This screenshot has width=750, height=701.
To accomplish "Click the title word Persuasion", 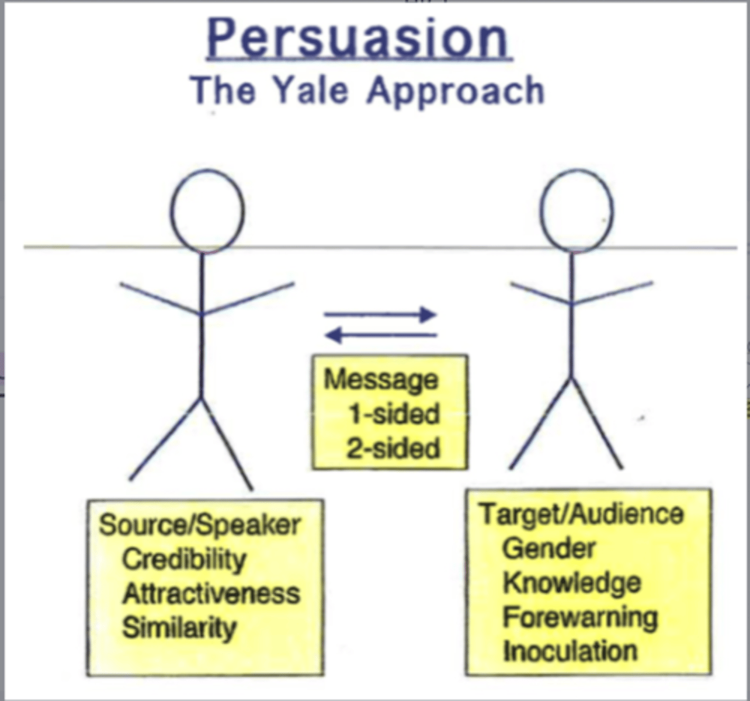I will pos(359,39).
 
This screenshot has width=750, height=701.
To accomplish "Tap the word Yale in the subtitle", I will pos(311,91).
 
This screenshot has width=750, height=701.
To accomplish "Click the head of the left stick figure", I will pos(207,211).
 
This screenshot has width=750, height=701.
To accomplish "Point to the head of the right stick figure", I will pos(576,211).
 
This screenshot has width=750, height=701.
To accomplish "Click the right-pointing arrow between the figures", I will pos(380,315).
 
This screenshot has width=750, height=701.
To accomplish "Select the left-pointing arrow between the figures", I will pos(380,335).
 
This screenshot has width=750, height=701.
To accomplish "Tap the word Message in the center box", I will pos(381,380).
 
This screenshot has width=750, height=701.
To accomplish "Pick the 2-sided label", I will pos(393,449).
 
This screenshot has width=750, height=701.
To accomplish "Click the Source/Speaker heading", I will pos(200,525).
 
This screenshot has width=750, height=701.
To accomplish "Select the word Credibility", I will pos(184,560).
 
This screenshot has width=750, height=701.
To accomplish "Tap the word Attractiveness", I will pos(211,594).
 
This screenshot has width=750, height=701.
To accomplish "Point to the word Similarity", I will pos(179,628).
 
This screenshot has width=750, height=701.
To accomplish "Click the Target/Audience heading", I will pos(581,514).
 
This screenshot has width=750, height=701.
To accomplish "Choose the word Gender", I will pos(548,549).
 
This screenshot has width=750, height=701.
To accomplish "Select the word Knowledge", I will pos(572,583).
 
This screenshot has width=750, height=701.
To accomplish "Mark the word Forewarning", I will pos(580,617).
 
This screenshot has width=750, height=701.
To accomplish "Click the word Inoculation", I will pos(570,651).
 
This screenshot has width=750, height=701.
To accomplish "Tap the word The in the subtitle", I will pos(223,91).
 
